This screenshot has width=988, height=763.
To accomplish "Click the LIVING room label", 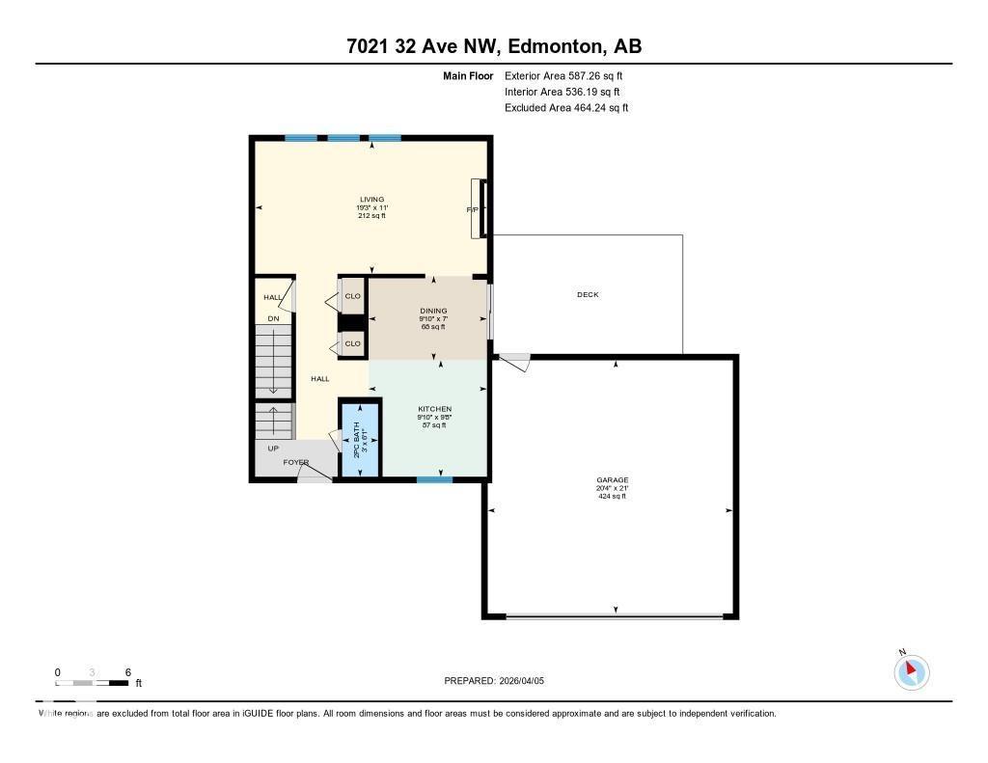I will [371, 200].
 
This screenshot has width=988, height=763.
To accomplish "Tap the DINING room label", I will [433, 311].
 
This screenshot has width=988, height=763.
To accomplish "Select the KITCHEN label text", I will [434, 409].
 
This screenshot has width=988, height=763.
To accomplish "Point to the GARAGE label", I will [612, 479].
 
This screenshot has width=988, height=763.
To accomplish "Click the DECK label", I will [588, 295].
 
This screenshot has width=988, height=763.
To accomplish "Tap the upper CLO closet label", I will [352, 296].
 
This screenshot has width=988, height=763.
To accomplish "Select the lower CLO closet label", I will [352, 343].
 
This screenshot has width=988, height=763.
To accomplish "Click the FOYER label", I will [295, 463].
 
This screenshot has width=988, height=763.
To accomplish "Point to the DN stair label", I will [273, 318].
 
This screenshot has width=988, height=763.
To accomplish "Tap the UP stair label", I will [273, 449].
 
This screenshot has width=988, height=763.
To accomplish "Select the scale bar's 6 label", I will [126, 671].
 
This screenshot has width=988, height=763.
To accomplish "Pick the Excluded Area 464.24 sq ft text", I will [566, 108].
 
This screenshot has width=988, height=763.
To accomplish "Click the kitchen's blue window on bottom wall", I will [434, 478].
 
